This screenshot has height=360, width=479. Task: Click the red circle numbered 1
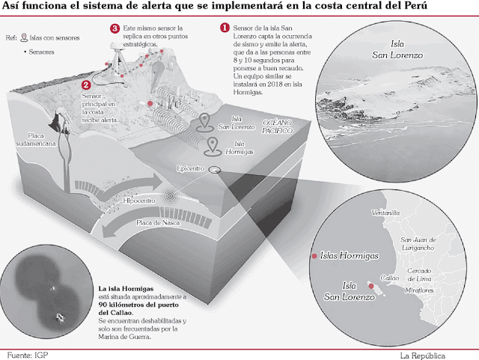point(225,28)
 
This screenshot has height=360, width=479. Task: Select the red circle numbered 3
point(115,28)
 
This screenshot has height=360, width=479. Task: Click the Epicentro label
point(191,169)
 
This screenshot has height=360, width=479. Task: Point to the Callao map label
point(392,278)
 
